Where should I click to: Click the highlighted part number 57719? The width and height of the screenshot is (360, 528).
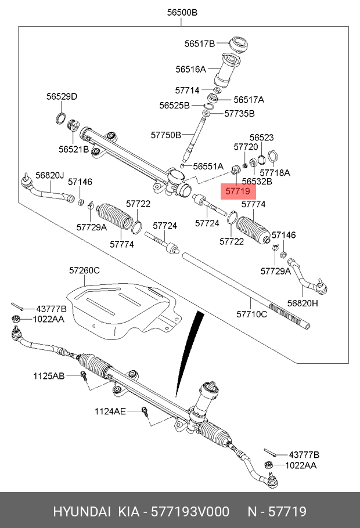click(x=237, y=191)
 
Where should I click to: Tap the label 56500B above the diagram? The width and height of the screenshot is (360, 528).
click(x=182, y=12)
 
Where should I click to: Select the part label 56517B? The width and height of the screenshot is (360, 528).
click(x=200, y=44)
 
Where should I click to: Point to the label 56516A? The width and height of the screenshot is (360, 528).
click(x=190, y=70)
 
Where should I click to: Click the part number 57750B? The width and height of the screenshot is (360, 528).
click(x=166, y=135)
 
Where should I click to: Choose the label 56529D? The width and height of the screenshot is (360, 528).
click(x=62, y=97)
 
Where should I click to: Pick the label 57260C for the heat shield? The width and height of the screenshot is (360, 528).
click(x=84, y=270)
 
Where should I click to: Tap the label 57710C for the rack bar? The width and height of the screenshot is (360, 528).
click(x=252, y=314)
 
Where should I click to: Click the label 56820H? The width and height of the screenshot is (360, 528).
click(x=303, y=303)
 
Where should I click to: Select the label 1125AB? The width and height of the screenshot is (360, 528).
click(x=49, y=376)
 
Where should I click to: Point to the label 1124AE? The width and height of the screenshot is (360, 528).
click(x=110, y=411)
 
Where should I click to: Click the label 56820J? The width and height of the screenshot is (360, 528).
click(x=49, y=175)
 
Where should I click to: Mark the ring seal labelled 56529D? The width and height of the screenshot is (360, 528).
click(x=60, y=118)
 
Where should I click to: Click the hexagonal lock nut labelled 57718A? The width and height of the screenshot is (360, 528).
click(x=272, y=156)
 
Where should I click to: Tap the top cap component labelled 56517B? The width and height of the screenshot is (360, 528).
click(x=239, y=45)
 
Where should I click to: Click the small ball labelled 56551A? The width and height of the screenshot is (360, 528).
click(x=182, y=166)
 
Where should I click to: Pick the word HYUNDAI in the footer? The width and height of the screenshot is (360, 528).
click(x=81, y=512)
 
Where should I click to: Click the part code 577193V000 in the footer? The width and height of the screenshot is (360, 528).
click(x=190, y=512)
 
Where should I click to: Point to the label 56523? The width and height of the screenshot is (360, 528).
click(x=261, y=138)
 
